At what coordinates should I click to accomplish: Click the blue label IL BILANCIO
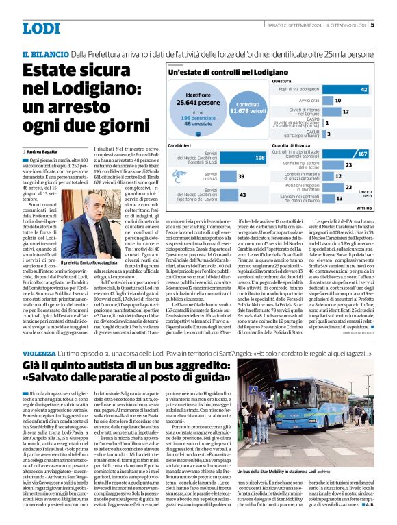[44, 54]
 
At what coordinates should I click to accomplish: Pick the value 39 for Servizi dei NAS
[240, 177]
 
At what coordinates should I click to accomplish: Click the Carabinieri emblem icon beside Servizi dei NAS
[174, 177]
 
